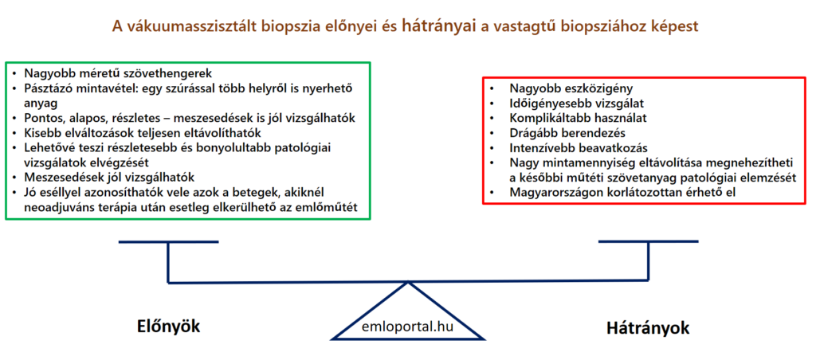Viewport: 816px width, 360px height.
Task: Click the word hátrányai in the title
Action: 440,26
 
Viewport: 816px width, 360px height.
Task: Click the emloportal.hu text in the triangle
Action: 407,327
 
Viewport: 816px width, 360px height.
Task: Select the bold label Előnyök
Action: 168,327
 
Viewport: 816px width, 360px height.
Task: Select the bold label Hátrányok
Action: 648,328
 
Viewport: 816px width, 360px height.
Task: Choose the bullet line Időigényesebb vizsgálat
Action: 572,103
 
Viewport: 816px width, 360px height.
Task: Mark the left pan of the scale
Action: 169,242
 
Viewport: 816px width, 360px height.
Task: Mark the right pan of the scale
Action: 649,241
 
